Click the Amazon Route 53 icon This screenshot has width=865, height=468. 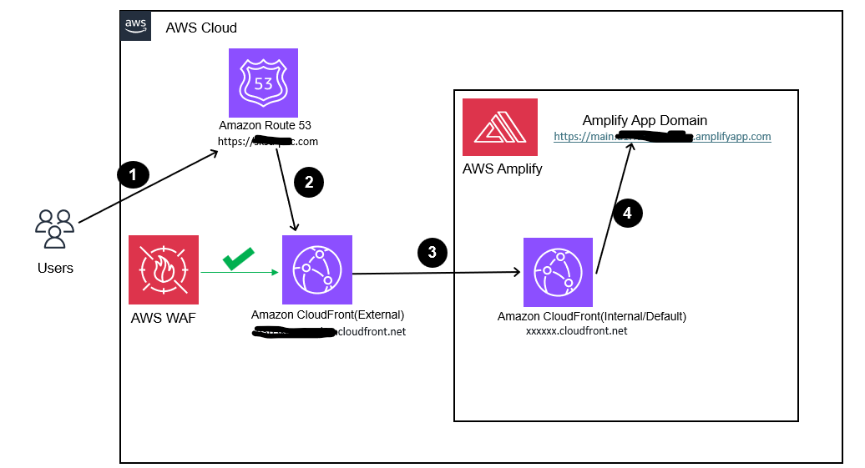tap(263, 83)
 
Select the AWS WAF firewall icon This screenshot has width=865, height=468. tap(164, 269)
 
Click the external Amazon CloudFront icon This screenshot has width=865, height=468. tap(317, 269)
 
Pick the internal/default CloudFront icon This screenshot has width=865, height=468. tap(558, 272)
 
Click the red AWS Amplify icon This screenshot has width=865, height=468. tap(500, 127)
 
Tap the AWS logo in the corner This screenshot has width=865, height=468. tap(136, 27)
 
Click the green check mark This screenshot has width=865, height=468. tap(239, 260)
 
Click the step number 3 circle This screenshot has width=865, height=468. tap(432, 254)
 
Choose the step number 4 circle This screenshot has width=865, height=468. tap(628, 213)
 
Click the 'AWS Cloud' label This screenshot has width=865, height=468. tap(201, 28)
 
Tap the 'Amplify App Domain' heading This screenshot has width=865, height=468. tap(645, 120)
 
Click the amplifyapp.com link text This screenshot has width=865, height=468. tap(662, 136)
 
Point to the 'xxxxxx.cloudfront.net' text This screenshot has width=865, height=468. tap(576, 331)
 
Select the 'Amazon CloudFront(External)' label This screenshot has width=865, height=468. tap(327, 315)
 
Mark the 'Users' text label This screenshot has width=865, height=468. tap(55, 268)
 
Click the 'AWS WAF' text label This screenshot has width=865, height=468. tap(163, 318)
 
